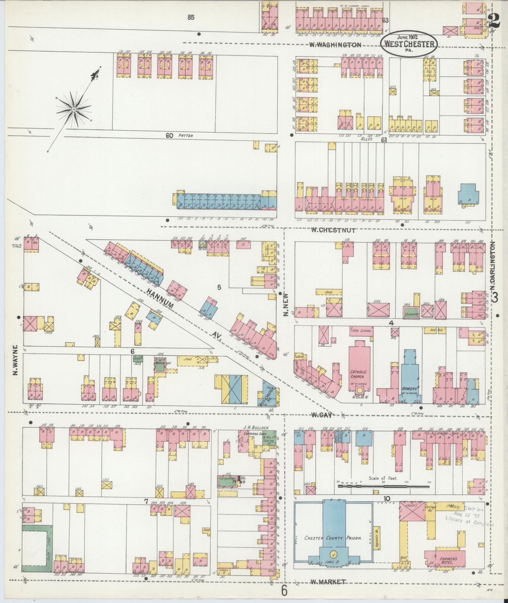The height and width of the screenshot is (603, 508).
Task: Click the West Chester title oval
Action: [409, 44]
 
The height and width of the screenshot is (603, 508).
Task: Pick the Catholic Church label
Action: [357, 374]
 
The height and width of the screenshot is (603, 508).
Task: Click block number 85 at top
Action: [190, 18]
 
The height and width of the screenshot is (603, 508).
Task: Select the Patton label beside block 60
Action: [186, 136]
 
